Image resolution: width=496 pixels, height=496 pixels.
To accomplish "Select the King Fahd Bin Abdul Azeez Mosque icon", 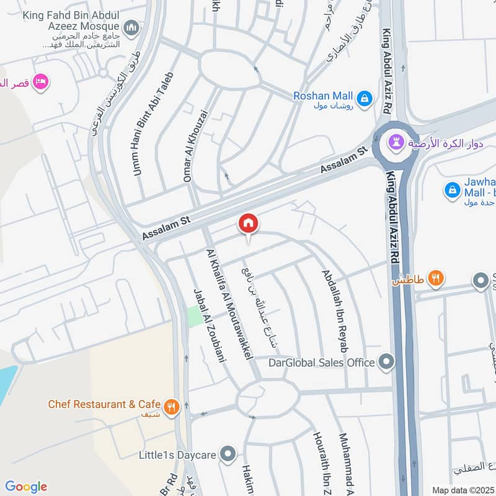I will [x=131, y=27].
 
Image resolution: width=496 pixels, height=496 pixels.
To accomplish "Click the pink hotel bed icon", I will [x=42, y=82].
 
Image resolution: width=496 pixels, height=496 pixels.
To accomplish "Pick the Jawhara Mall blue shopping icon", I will [x=453, y=189].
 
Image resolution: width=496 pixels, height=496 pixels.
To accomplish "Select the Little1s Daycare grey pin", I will [x=229, y=455].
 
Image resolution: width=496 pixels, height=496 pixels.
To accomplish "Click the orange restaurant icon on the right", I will [x=436, y=280].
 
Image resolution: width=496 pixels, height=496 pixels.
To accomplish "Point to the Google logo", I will [x=26, y=487].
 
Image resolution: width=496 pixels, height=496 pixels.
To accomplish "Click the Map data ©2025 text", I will [x=463, y=490].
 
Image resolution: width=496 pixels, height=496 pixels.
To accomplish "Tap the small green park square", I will [x=195, y=316].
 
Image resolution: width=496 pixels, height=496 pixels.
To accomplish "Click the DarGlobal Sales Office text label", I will [x=321, y=362].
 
